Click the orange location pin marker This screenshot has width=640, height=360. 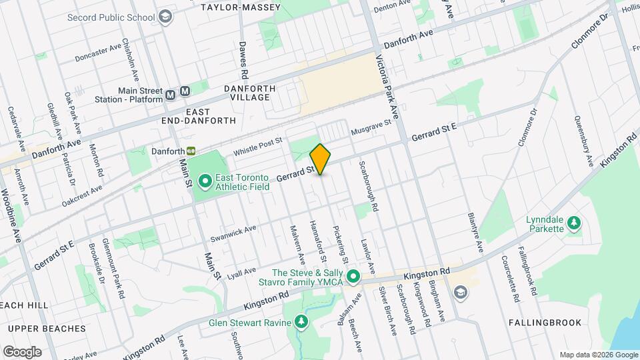[x=320, y=159]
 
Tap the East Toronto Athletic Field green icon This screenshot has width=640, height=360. [x=205, y=181]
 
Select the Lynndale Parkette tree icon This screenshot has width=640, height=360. [x=573, y=223]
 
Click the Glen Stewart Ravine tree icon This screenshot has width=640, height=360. [x=302, y=323]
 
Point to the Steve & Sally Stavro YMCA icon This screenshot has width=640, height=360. [x=353, y=276]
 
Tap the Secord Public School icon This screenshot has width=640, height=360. [x=164, y=17]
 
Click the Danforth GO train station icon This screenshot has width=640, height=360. [x=191, y=151]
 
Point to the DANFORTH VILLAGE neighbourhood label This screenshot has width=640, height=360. [x=237, y=92]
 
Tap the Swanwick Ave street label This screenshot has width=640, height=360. [x=233, y=230]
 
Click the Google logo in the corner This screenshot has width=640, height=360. [x=22, y=351]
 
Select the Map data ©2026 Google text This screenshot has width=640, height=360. [x=598, y=355]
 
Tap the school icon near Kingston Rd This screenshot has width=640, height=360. [x=460, y=292]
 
